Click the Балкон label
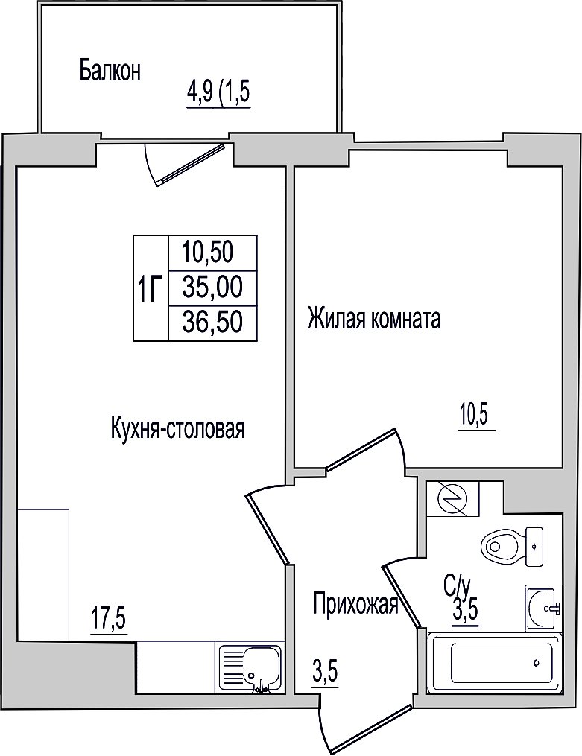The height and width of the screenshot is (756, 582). tap(110, 71)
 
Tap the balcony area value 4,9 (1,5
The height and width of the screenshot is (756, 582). tap(219, 92)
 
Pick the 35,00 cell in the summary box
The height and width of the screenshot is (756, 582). tap(212, 288)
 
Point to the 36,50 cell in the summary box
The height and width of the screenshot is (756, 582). tap(212, 322)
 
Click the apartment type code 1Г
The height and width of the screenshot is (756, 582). tap(149, 288)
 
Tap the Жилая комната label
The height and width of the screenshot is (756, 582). tap(374, 319)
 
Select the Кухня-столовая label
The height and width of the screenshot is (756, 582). tap(178, 428)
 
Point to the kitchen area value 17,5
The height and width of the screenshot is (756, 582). tap(108, 619)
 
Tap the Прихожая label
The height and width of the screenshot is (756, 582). tap(356, 604)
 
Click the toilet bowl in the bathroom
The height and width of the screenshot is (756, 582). tap(512, 547)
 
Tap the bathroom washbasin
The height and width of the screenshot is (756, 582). tap(543, 608)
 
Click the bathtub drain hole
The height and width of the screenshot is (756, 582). tap(537, 663)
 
